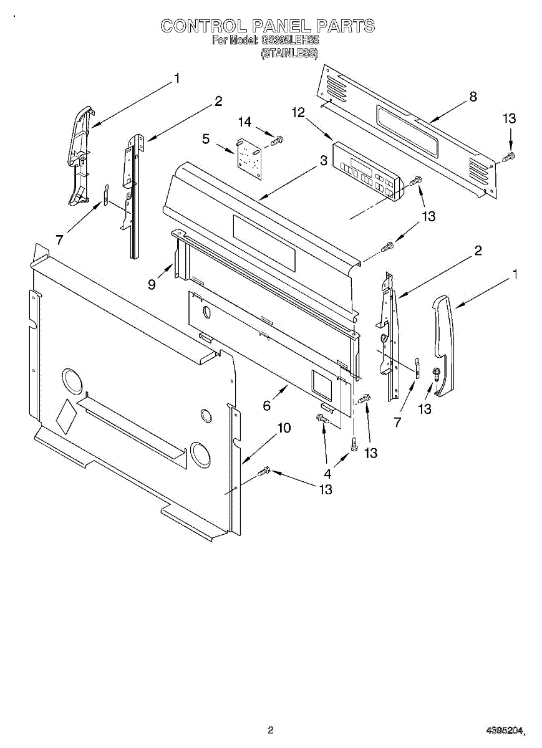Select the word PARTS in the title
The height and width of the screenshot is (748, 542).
point(345,26)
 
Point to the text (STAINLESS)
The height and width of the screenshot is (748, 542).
point(289,53)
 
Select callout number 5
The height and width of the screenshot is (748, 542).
point(206,140)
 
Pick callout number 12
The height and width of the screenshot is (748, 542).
point(299,112)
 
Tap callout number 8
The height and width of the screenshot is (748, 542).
point(473,97)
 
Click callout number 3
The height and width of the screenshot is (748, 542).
point(324,160)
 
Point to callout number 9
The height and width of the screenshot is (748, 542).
point(152,284)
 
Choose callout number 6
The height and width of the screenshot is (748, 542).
point(267,406)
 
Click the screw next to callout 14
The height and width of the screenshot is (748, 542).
point(278,140)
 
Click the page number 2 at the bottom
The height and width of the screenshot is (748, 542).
point(271,730)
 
